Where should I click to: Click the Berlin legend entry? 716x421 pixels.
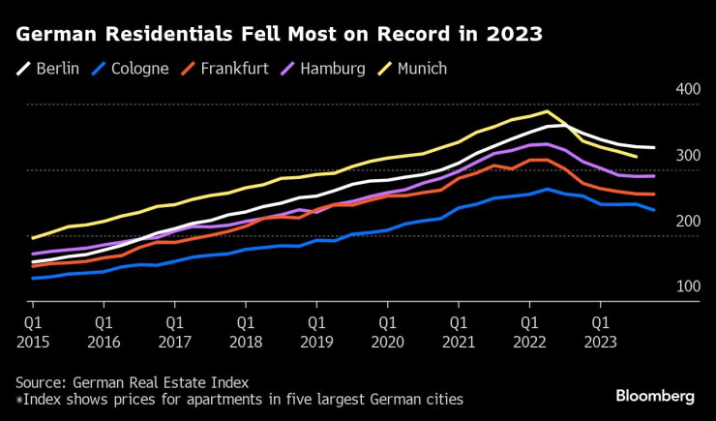click(50, 69)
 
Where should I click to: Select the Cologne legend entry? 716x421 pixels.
click(131, 69)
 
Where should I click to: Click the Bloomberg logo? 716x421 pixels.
click(655, 397)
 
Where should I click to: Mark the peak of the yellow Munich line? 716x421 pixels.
click(548, 111)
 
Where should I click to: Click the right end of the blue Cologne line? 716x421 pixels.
click(654, 210)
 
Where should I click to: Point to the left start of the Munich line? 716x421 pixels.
click(32, 238)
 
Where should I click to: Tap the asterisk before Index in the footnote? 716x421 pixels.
click(18, 398)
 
